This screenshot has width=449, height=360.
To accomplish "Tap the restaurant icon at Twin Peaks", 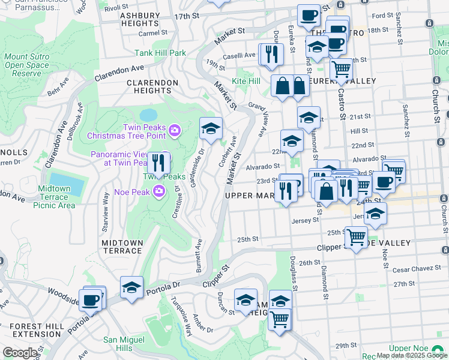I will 158,163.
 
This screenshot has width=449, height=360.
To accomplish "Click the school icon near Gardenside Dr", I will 211,128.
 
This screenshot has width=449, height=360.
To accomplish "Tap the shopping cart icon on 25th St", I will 357,238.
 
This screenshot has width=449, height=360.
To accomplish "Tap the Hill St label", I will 359,130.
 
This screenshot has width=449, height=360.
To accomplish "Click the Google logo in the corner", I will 20,352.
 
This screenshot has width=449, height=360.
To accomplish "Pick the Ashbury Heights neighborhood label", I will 139,19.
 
